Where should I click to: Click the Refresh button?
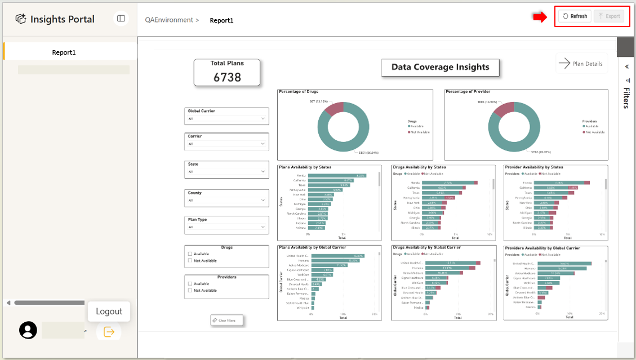[x=575, y=16]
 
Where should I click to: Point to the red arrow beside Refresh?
[x=540, y=17]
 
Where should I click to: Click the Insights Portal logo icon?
[x=21, y=19]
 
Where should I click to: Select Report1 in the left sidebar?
[x=64, y=52]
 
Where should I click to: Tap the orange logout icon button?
[x=109, y=332]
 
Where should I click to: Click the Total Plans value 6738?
[x=227, y=77]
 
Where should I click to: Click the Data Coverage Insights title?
[x=440, y=67]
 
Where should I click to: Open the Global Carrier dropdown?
[x=226, y=119]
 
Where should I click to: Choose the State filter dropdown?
[x=226, y=171]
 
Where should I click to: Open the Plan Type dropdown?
[x=226, y=227]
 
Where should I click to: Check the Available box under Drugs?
[x=190, y=254]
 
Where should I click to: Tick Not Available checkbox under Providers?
[x=190, y=290]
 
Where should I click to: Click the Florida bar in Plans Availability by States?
[x=337, y=176]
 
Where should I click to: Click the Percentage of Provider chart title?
[x=468, y=91]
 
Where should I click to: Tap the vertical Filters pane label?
[x=626, y=97]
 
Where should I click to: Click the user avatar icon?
[x=28, y=330]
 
